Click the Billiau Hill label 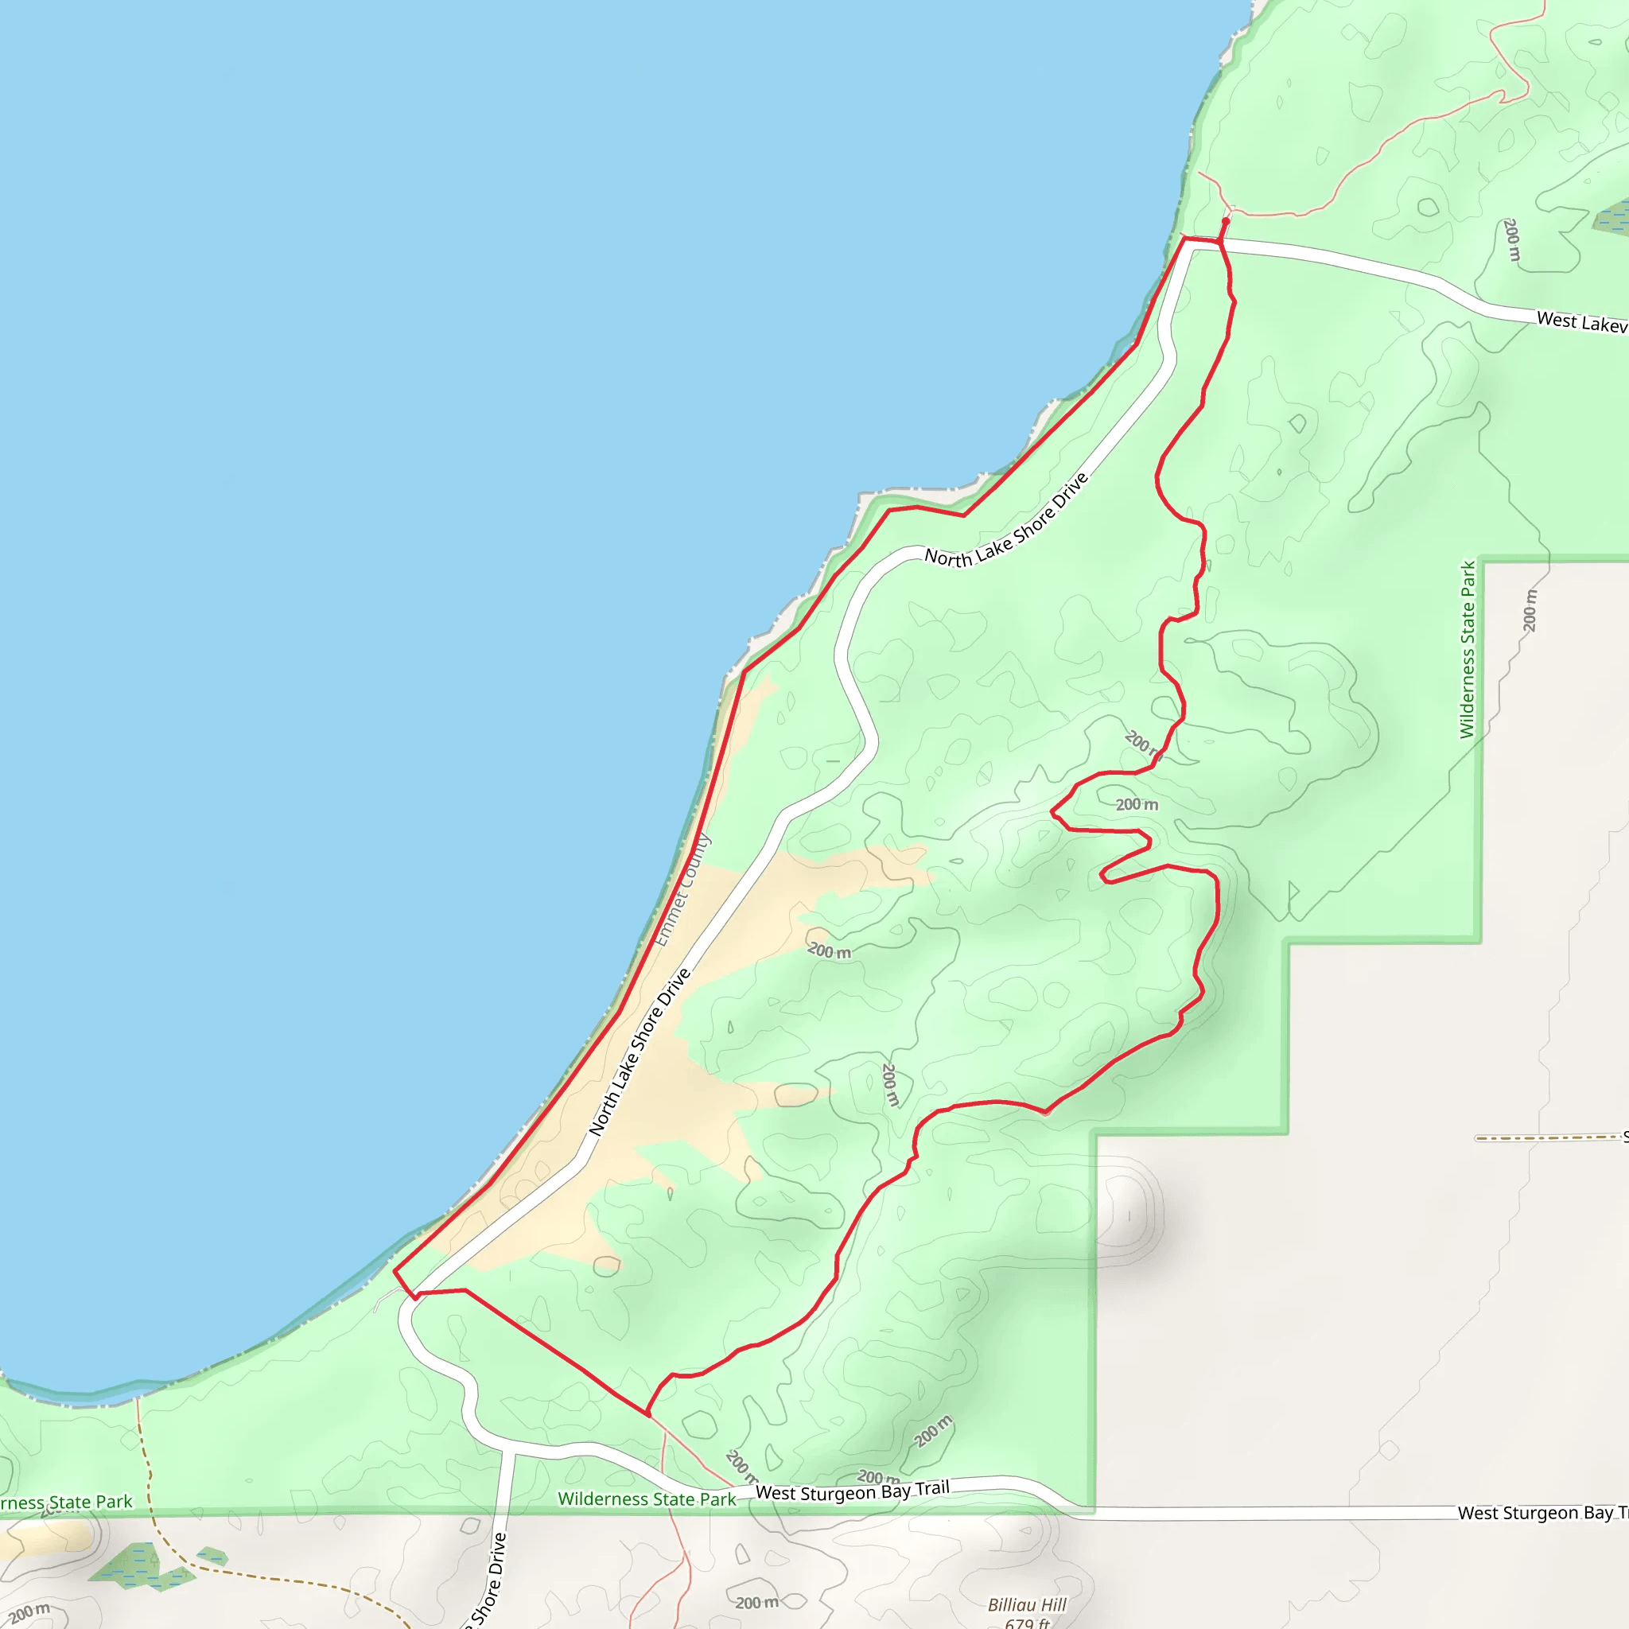click(x=1026, y=1604)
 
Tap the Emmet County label click(x=683, y=889)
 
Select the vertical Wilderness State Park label click(x=1468, y=649)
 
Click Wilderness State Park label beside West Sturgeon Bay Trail click(x=647, y=1499)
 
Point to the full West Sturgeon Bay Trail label click(x=853, y=1491)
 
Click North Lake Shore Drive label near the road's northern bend click(x=1007, y=521)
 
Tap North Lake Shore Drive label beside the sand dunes click(x=640, y=1052)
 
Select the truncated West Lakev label click(x=1581, y=322)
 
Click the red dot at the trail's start click(x=1225, y=222)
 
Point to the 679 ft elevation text click(x=1026, y=1623)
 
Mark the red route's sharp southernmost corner click(x=647, y=1415)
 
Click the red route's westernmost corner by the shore click(x=395, y=1270)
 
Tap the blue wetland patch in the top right click(x=1612, y=216)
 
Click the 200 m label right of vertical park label click(x=1530, y=610)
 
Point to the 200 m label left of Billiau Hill click(x=757, y=1602)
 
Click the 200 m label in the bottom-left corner click(x=29, y=1614)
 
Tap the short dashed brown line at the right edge click(x=1547, y=1137)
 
